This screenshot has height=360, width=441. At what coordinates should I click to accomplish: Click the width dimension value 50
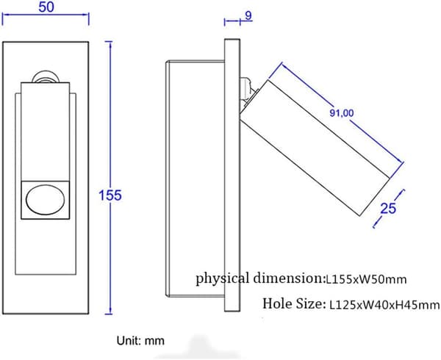tap(46, 7)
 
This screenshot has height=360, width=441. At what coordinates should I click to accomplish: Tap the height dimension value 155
tap(110, 195)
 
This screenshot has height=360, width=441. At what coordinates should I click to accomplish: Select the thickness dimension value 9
tap(248, 15)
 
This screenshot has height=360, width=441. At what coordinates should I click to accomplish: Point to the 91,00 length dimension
tap(342, 113)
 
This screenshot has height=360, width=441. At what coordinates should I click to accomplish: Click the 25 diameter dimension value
tap(388, 208)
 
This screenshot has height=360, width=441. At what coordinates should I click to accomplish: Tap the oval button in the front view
tap(45, 199)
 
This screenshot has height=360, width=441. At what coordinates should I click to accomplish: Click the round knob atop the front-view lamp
tap(45, 76)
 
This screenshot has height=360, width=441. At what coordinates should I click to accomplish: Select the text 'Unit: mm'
tap(140, 341)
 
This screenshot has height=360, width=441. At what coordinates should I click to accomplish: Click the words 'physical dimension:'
tap(260, 278)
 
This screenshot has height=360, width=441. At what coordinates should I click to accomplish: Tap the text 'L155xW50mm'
tap(366, 279)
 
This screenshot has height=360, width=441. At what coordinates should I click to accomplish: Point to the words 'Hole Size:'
tap(293, 303)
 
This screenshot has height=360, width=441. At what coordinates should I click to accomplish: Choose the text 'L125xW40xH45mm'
tap(384, 305)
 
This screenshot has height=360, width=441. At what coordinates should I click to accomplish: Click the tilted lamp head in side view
tap(315, 148)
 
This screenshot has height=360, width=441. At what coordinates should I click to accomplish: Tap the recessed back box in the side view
tap(196, 179)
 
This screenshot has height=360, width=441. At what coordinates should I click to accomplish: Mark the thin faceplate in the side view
tap(232, 175)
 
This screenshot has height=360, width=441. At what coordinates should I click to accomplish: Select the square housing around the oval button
tap(46, 200)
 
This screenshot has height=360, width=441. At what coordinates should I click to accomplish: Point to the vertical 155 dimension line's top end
tap(110, 42)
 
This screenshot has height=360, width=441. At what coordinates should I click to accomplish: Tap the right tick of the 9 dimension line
tap(240, 21)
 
